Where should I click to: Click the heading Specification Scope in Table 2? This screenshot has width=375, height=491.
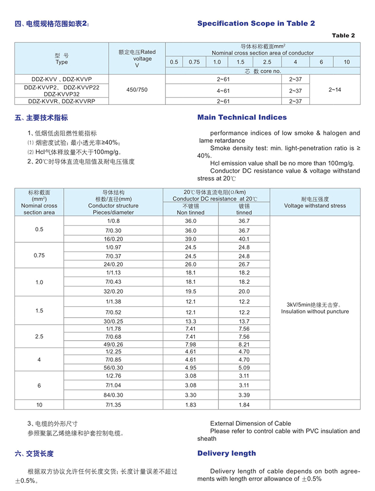256,23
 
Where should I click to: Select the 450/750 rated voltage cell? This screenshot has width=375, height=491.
137,89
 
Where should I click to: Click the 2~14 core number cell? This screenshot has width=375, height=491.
335,89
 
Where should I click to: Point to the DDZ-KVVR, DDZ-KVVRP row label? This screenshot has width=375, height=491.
61,101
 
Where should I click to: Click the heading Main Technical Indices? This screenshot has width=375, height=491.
242,117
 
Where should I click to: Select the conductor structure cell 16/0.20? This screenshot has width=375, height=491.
113,239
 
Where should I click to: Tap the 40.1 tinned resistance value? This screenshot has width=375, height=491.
244,239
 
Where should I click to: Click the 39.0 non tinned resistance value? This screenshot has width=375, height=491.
191,239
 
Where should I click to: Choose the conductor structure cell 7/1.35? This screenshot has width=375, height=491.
113,404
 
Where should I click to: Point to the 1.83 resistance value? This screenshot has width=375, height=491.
191,404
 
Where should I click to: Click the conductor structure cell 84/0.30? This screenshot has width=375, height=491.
113,395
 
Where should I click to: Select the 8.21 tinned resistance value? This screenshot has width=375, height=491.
244,344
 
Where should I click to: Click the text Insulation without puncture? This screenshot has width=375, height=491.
315,312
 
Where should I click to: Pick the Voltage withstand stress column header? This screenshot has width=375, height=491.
315,206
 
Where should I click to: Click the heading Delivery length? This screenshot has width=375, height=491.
227,453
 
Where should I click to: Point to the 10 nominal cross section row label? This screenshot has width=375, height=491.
39,404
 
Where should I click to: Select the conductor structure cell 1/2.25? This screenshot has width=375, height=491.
113,352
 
